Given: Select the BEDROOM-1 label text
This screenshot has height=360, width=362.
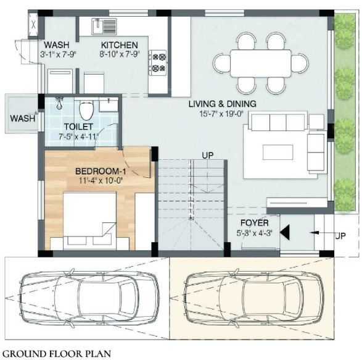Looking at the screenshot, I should pyautogui.click(x=97, y=171).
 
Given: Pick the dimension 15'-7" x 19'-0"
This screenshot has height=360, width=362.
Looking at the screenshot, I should pyautogui.click(x=222, y=114).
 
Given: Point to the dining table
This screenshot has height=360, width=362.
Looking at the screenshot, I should pyautogui.click(x=253, y=62).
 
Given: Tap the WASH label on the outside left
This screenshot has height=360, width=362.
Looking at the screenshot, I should pyautogui.click(x=22, y=118).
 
